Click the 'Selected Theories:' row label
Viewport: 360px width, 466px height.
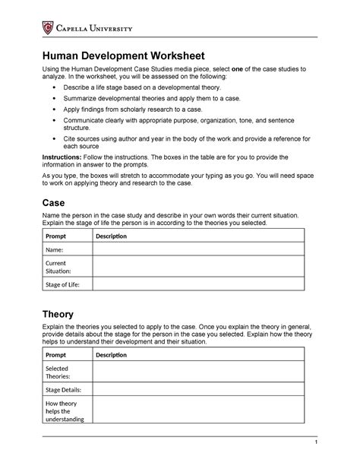tap(59, 372)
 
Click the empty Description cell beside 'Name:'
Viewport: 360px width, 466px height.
tap(197, 249)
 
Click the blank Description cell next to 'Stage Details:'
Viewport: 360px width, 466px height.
tap(197, 389)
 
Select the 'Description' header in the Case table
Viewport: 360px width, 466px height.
tap(111, 236)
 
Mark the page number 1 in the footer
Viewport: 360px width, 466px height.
tap(302, 443)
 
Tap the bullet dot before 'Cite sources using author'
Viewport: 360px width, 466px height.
tap(53, 140)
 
